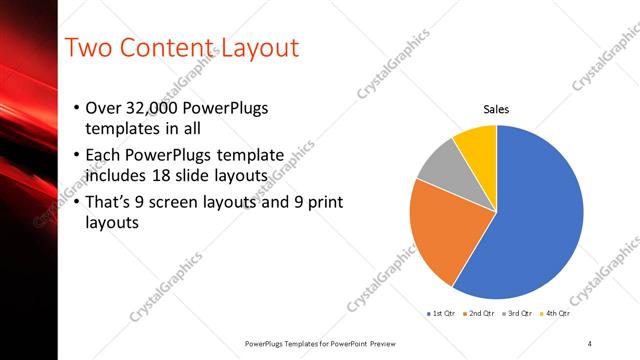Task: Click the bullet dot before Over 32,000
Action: tap(79, 108)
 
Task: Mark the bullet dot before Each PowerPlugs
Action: tap(79, 156)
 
